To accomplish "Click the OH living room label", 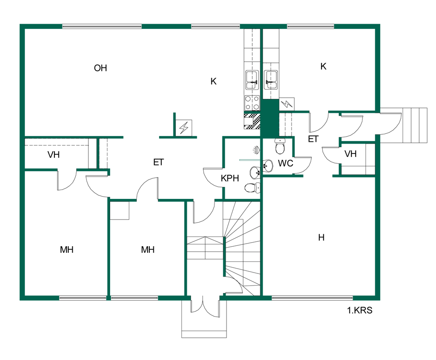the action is [100, 68].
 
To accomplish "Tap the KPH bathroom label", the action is [230, 178].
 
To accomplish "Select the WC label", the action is [286, 163].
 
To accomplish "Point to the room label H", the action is [321, 238].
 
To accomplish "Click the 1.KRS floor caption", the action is [359, 310].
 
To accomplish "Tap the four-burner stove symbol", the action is [252, 103].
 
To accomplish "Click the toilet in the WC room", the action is [280, 145].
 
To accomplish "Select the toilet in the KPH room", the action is [252, 188].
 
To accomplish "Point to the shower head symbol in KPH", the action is [256, 150].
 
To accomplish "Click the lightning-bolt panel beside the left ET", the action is [184, 128].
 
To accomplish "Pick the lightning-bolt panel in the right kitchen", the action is [287, 104].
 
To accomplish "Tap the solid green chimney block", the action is [270, 119].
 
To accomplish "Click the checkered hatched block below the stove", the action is [252, 120].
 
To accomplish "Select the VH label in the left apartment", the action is [53, 155].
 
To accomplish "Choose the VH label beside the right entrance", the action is [350, 154].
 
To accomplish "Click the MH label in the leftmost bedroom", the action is [67, 249].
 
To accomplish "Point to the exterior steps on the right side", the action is [414, 125].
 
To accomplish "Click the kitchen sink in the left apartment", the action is [252, 80].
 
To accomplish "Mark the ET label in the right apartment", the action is [313, 139].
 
